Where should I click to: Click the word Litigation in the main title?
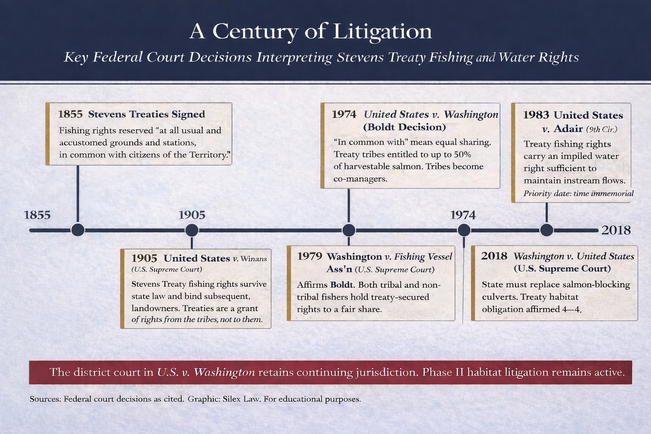click(382, 31)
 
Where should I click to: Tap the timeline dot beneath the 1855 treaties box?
click(78, 230)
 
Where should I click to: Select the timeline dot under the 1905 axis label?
click(192, 230)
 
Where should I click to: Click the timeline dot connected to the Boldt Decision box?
click(348, 230)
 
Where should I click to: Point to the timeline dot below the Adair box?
click(547, 230)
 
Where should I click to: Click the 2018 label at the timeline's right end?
click(616, 230)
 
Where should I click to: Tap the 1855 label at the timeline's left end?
click(37, 215)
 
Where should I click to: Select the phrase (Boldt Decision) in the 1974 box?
click(404, 127)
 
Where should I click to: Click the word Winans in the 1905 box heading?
click(253, 259)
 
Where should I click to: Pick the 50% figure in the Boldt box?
click(462, 154)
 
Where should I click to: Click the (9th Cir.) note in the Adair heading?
click(601, 129)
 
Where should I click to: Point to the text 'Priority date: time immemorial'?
click(579, 194)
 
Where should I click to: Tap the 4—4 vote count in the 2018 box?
click(572, 309)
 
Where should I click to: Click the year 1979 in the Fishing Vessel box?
click(309, 256)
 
